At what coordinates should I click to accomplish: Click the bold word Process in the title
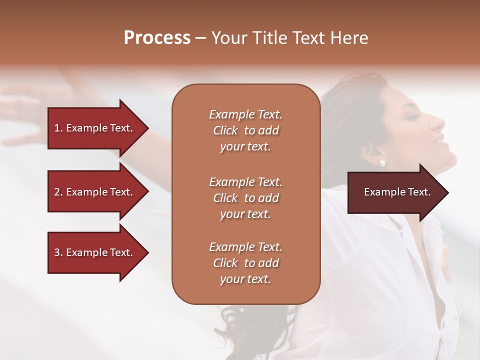(157, 38)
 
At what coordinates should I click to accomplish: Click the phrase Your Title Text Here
(290, 38)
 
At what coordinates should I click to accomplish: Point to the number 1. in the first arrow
(58, 128)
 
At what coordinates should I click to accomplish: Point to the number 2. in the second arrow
(58, 192)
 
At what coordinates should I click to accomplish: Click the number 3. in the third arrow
(58, 252)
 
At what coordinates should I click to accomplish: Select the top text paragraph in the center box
(245, 130)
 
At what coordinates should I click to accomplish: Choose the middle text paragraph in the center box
(245, 197)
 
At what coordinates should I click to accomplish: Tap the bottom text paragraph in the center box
(245, 263)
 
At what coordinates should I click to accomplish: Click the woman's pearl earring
(382, 162)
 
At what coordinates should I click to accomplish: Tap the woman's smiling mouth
(439, 141)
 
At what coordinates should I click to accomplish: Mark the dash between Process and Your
(200, 38)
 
